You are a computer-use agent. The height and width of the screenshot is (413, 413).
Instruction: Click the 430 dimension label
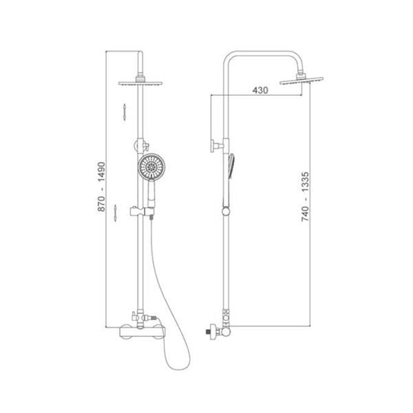click(260, 90)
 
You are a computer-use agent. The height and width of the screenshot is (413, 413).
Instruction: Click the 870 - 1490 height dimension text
click(101, 187)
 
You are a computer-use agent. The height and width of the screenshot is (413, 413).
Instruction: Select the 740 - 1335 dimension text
click(305, 196)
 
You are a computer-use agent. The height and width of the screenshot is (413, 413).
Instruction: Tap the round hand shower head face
click(151, 167)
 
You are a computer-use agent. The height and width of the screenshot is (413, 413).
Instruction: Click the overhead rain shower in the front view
click(140, 83)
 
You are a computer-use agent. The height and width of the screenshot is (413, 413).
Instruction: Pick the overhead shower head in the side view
click(301, 81)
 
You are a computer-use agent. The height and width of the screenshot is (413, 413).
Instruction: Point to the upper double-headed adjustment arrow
click(125, 112)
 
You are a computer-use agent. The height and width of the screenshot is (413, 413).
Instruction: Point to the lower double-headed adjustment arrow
click(115, 213)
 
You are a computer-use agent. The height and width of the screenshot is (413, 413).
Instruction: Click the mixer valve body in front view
click(142, 332)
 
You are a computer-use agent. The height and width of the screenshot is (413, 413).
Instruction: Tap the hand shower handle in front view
click(151, 193)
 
